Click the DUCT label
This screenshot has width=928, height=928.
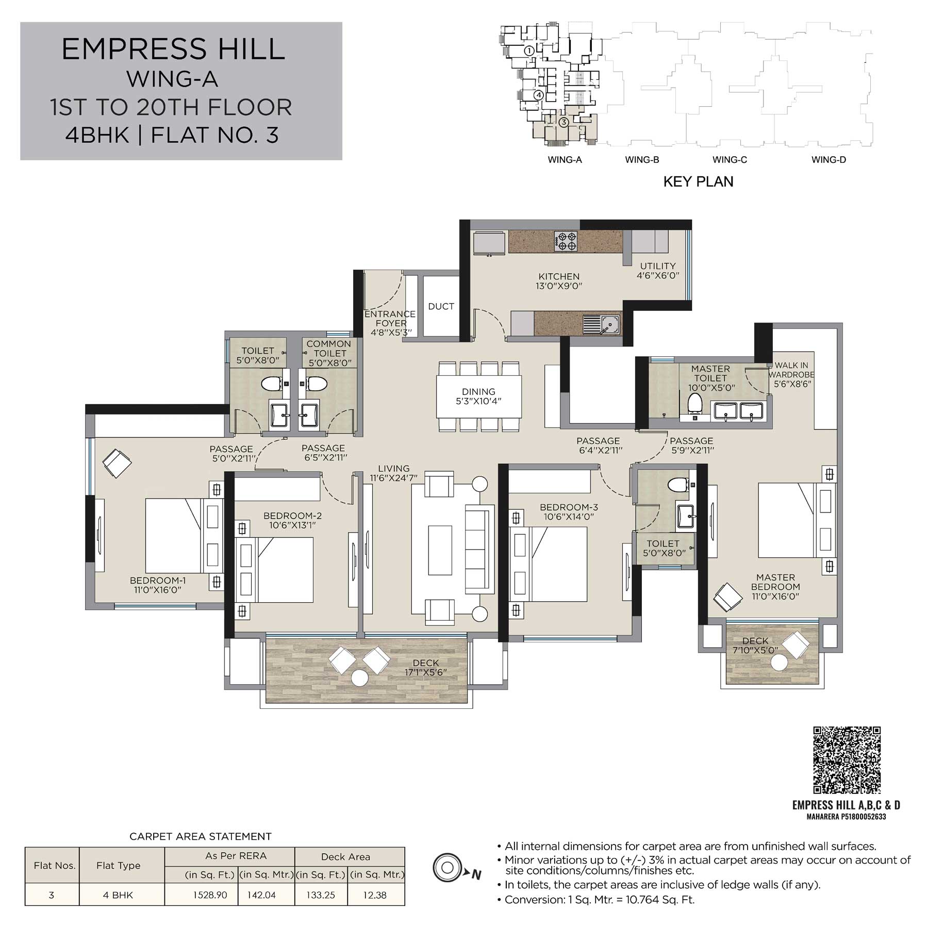441,306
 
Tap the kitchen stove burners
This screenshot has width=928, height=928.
566,241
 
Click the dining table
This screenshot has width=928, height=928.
479,396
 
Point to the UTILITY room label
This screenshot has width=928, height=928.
658,271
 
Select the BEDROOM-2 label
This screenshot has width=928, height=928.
292,520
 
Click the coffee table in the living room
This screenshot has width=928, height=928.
440,550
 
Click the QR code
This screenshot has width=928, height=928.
847,760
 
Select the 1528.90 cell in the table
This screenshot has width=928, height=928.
210,895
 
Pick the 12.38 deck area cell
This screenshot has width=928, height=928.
375,895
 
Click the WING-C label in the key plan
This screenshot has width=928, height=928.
730,160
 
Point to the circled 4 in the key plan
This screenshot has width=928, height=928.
538,95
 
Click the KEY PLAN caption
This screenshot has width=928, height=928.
698,181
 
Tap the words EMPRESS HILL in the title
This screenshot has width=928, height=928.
173,49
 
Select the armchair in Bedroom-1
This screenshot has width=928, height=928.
117,463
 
